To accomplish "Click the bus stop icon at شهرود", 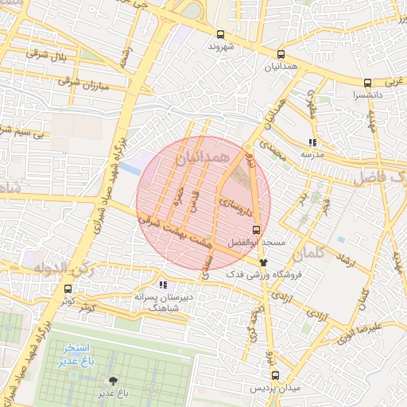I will coord(220,34).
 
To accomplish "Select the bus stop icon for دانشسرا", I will coord(366,83).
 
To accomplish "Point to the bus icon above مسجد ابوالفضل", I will coord(255,229).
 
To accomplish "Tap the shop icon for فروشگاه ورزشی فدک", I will coord(263,262).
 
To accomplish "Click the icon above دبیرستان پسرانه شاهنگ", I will coord(163,285).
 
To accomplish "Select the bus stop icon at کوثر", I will coord(67,289).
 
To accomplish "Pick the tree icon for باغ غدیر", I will coord(111,381).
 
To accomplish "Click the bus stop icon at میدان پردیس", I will coord(275,374).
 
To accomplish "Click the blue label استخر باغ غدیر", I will coord(77,355).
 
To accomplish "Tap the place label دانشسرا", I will coord(369,95).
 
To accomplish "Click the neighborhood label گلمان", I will coord(308,254).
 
